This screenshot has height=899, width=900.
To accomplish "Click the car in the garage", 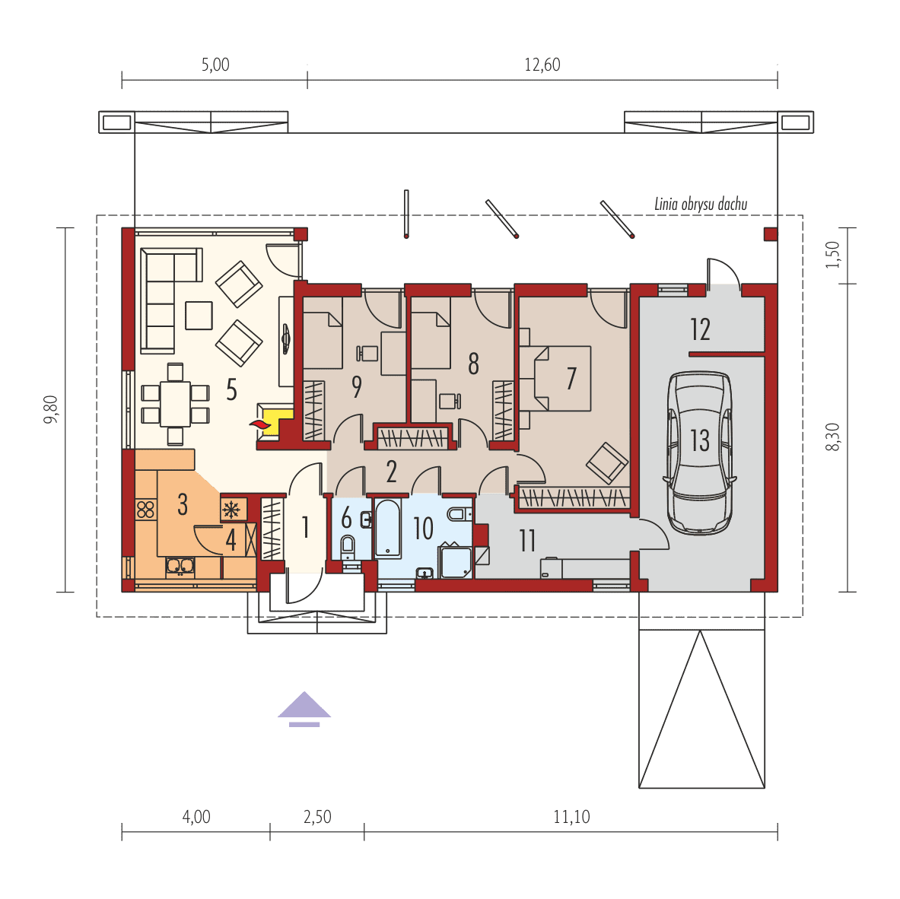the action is pos(700,453).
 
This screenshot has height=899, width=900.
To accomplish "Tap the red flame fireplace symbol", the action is pos(259,424).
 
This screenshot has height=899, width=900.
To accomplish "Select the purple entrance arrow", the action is pos(304,709).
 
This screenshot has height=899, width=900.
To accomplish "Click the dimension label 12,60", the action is pos(542,65).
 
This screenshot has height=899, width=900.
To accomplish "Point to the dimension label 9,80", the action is pos(51,410).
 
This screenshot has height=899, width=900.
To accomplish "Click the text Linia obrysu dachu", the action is pos(701,205).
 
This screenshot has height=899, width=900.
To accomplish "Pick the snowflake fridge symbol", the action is pos(231,508).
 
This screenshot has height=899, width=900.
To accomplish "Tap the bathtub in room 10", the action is pos(388,528).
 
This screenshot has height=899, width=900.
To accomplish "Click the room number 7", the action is pos(571,379).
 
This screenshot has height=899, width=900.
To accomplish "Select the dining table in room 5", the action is pos(175,404).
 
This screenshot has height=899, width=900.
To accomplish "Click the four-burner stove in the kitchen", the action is pos(145,510).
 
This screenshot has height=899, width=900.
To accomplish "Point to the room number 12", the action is pos(700,329).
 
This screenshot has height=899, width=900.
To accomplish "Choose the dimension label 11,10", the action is pos(571,816).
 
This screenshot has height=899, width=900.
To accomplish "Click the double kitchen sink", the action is pos(180,567).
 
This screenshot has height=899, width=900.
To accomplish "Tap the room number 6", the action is pos(346,518).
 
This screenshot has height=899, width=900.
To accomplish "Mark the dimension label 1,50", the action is pos(832,255).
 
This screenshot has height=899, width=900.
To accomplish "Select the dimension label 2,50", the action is pos(317,816).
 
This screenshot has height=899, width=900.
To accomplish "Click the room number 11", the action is pos(527,541).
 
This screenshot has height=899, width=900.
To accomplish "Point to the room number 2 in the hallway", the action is pos(392,472).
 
